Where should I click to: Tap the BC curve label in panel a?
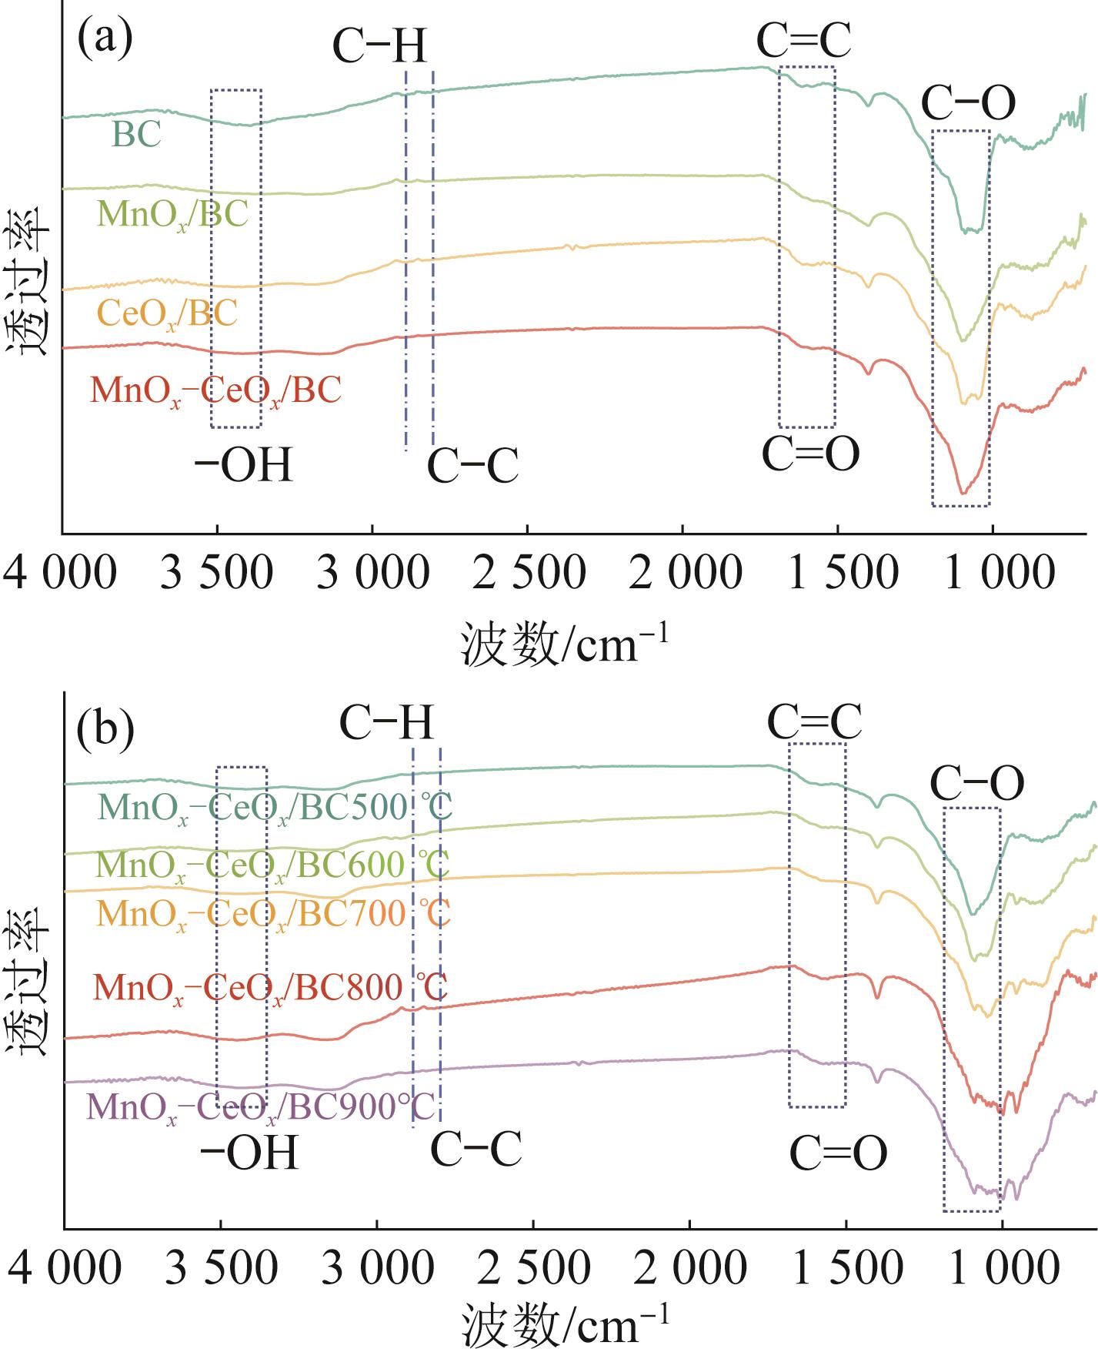click(137, 134)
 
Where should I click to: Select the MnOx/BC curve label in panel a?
click(173, 214)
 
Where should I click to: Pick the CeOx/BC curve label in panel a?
click(167, 313)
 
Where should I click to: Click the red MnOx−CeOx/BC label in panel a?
click(215, 390)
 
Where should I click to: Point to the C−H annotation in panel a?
click(379, 46)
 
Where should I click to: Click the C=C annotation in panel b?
click(814, 722)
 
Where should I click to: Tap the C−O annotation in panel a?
click(968, 103)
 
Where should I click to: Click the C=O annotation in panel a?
click(810, 454)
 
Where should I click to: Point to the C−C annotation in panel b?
click(476, 1150)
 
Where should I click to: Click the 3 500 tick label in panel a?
click(216, 574)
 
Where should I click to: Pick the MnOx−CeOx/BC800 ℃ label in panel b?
click(270, 988)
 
